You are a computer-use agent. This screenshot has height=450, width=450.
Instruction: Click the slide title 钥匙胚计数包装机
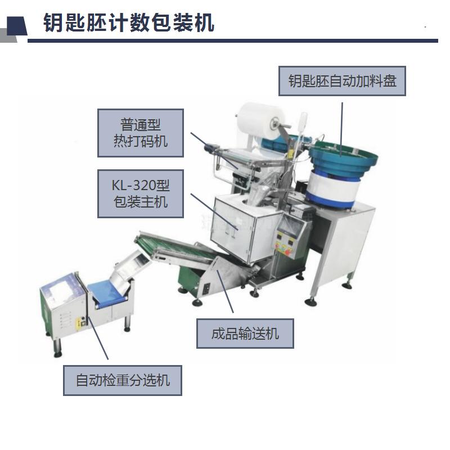pos(129,22)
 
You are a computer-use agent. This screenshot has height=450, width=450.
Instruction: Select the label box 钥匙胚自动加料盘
pos(342,81)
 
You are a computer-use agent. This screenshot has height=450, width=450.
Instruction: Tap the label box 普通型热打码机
pos(140,133)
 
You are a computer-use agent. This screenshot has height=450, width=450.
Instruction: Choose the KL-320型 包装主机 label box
pos(140,193)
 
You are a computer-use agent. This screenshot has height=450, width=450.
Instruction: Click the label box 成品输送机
pos(245,334)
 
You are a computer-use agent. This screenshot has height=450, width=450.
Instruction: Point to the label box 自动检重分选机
pos(123,380)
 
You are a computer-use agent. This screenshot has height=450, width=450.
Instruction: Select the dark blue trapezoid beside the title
pos(17,26)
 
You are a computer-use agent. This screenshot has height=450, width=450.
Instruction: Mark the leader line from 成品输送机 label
pos(225,291)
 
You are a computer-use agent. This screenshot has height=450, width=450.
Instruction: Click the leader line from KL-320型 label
pos(215,211)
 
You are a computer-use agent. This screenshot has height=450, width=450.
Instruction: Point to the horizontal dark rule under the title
pos(233,40)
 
